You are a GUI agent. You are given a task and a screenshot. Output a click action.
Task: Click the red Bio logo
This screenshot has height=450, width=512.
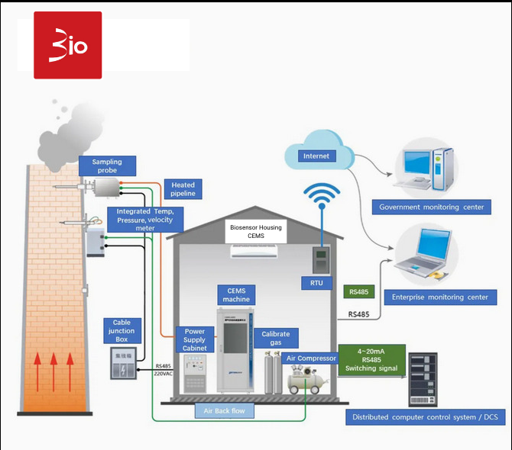68,45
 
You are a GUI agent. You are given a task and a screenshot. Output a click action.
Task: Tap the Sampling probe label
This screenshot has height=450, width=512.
107,166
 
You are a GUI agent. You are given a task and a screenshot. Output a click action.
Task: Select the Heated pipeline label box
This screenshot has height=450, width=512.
183,189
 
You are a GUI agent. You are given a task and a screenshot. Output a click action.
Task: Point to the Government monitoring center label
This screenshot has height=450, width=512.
431,207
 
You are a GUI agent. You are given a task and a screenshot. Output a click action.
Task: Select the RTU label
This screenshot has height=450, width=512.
316,283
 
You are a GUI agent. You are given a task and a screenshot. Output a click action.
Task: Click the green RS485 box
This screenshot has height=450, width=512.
358,292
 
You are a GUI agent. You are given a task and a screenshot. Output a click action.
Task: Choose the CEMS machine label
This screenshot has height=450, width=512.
236,294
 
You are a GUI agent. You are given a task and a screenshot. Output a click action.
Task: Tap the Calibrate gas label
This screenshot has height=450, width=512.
275,339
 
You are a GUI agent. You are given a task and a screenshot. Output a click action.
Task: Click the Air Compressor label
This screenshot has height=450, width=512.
310,358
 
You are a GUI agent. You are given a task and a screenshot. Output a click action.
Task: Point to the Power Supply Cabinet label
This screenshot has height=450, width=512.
195,339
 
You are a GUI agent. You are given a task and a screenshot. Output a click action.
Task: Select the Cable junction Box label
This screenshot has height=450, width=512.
122,331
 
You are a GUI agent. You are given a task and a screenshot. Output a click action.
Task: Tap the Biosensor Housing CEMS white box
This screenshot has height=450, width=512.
255,232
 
